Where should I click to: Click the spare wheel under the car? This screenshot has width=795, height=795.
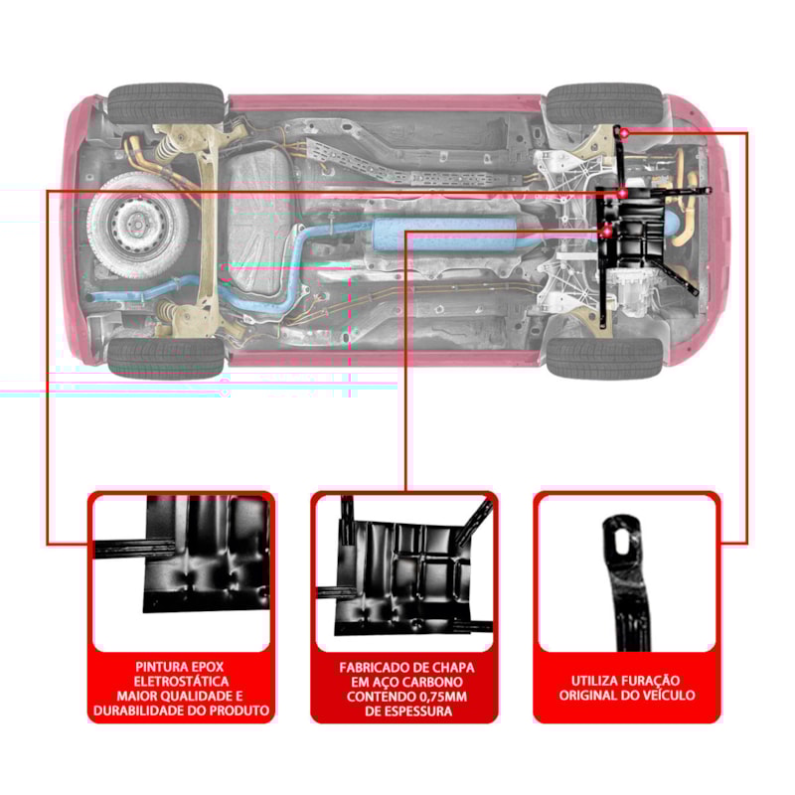click(x=135, y=225)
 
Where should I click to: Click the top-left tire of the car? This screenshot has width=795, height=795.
click(x=167, y=103)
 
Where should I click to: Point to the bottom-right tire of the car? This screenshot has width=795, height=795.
click(x=603, y=356)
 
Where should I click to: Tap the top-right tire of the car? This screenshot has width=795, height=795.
click(x=603, y=103)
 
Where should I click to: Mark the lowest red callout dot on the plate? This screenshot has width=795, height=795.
click(x=607, y=232)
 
